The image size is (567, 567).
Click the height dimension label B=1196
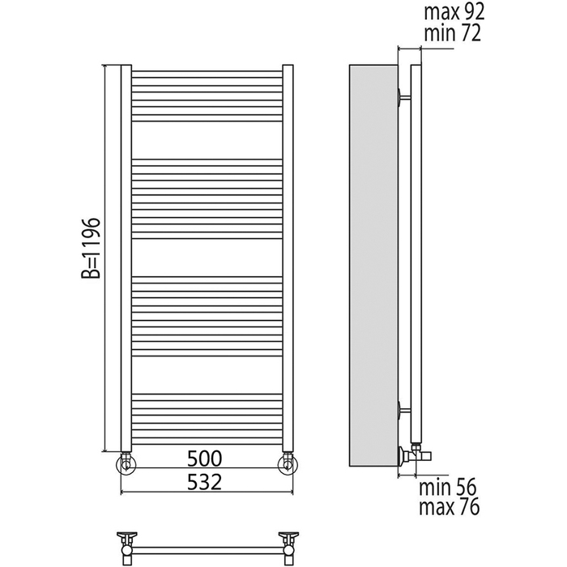90,248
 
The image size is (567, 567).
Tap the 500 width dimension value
204,458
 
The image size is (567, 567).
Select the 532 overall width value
204,482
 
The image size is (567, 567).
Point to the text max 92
454,12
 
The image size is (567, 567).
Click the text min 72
452,33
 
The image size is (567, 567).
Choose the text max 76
449,506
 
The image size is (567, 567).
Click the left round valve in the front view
126,464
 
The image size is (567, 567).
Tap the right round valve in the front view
288,464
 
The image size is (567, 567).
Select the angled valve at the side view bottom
415,455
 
